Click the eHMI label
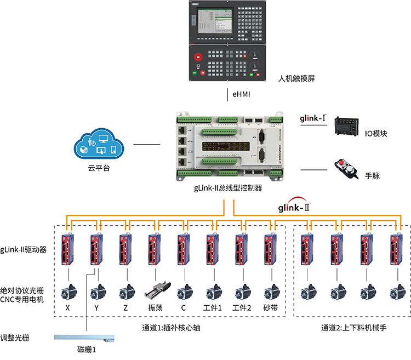pyautogui.click(x=241, y=94)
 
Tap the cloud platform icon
pyautogui.click(x=99, y=145)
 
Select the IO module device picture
pyautogui.click(x=348, y=127)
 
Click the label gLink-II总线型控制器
pyautogui.click(x=228, y=188)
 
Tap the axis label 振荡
pyautogui.click(x=154, y=308)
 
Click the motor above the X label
pyautogui.click(x=68, y=290)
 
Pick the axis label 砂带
pyautogui.click(x=270, y=308)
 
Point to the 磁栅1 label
pyautogui.click(x=87, y=349)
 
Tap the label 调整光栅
pyautogui.click(x=15, y=338)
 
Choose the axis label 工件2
pyautogui.click(x=241, y=308)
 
